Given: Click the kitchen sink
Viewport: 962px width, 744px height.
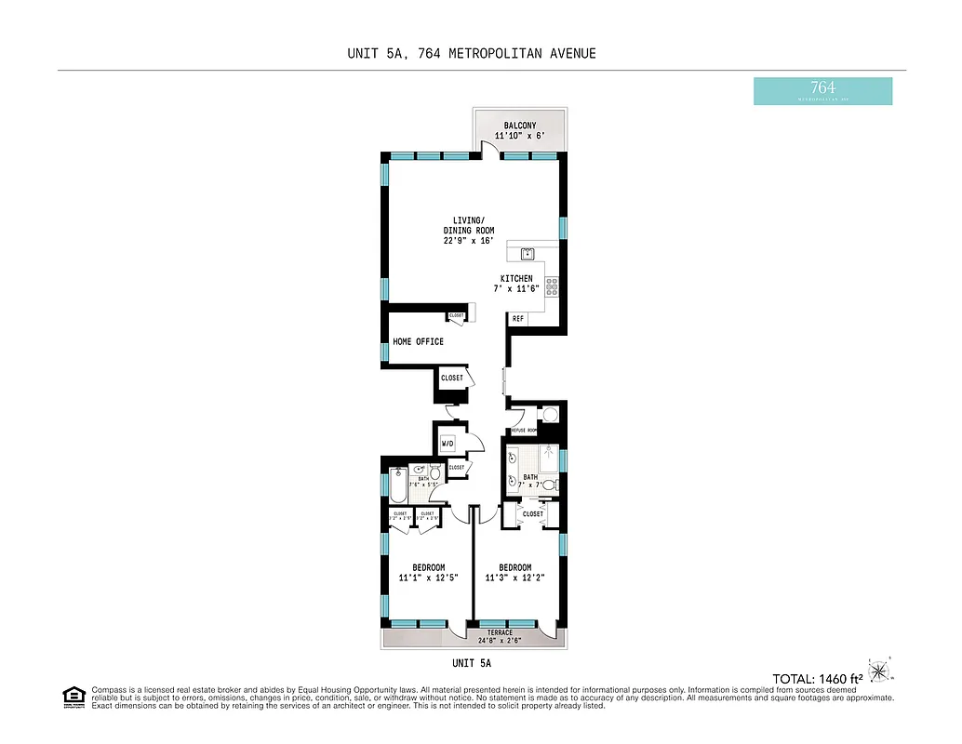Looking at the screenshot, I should coord(527,253).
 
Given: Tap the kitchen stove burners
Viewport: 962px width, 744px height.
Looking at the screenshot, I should coord(552,286).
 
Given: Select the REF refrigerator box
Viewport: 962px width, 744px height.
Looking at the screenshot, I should coord(518,319).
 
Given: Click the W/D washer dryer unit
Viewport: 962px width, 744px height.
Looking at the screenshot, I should coord(447,443).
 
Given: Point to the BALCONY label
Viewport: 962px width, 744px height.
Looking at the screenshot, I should coord(519,126).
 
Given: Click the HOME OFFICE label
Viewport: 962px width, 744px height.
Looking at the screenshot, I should coord(418,342).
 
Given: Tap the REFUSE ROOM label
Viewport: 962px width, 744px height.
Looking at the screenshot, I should coord(523,431).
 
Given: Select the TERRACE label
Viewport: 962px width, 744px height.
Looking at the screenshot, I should coord(501,633).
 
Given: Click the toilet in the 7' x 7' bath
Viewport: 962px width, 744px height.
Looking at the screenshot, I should coord(549,485).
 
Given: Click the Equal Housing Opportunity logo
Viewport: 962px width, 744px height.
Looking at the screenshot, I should coord(73,696).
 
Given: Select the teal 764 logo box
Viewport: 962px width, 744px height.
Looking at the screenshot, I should coord(822,91).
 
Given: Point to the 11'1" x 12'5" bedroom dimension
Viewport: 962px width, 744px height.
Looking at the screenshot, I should coord(429,578).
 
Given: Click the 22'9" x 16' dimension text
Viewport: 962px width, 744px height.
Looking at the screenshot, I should coord(468,241).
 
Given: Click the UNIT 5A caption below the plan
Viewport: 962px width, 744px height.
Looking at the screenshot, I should coord(471,663).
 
